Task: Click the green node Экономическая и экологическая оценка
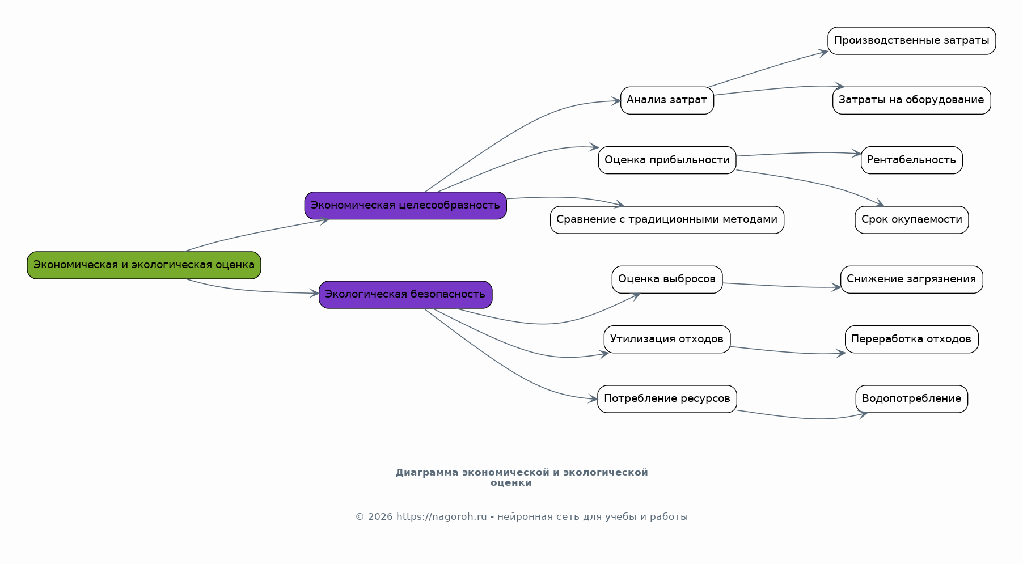pos(144,265)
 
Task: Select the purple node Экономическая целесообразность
pos(405,205)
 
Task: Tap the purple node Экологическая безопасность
pos(405,295)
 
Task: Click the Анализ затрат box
pos(667,100)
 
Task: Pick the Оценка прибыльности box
pos(667,160)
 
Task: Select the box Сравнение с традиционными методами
pos(667,220)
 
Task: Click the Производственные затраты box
pos(912,41)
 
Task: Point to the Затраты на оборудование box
pos(912,100)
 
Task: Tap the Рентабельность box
pos(912,160)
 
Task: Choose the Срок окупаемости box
pos(912,220)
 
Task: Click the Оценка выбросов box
pos(667,279)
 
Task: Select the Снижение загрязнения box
pos(912,279)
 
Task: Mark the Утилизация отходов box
pos(667,339)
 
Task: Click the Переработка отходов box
pos(912,339)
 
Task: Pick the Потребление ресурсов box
pos(667,399)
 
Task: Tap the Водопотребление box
pos(912,399)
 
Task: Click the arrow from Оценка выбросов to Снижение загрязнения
pos(781,286)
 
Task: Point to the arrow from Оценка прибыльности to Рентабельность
pos(798,153)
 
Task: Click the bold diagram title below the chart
pos(522,477)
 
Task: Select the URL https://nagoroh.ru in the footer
pos(442,516)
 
